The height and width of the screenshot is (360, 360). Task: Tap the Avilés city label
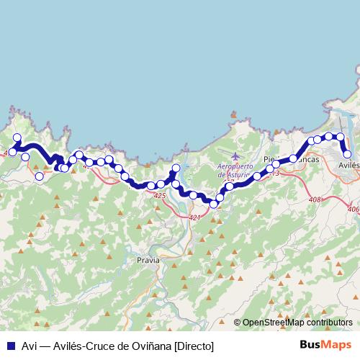pos(348,165)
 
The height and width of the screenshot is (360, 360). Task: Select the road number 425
pos(160,196)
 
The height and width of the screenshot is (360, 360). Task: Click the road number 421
pos(194,217)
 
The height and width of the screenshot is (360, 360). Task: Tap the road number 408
pos(314,199)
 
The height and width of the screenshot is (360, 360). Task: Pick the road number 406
pos(352,209)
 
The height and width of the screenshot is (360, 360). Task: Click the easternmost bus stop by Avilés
pos(347,153)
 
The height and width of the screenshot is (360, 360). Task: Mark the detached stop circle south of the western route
pos(40,176)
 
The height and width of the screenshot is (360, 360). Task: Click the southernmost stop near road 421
pos(213,204)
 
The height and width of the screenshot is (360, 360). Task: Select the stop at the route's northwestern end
pos(17,138)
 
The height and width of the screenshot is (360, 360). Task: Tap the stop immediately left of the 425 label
pos(151,186)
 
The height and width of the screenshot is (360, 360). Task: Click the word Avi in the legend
pos(30,346)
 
